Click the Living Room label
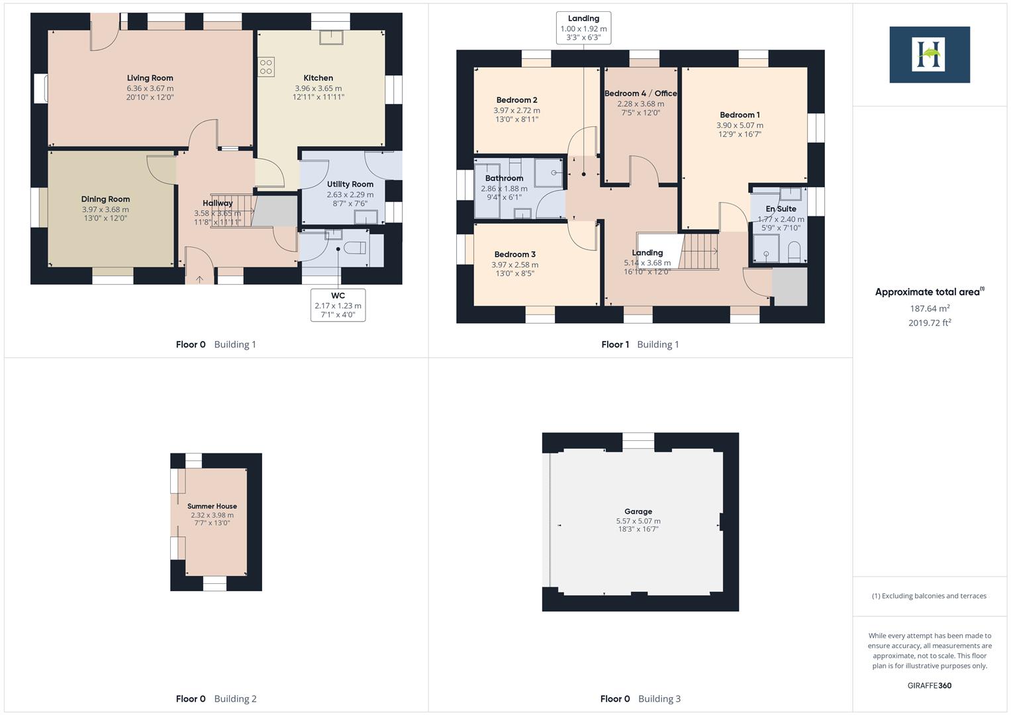(150, 78)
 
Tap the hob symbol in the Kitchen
(266, 67)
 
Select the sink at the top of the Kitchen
(330, 37)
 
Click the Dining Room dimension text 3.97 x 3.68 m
(105, 210)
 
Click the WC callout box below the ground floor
(338, 305)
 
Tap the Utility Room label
(350, 185)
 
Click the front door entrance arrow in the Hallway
(200, 279)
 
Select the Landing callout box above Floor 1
(583, 28)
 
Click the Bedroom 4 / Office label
(640, 93)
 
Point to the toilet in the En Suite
(794, 251)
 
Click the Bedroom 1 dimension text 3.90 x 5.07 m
(740, 125)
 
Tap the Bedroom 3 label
(514, 254)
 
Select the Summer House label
(212, 506)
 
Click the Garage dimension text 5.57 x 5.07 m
(638, 521)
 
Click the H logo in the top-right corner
(929, 54)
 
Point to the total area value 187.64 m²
(930, 309)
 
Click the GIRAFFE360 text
(929, 686)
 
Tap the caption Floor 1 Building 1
(640, 344)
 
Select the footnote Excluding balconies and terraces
(929, 596)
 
